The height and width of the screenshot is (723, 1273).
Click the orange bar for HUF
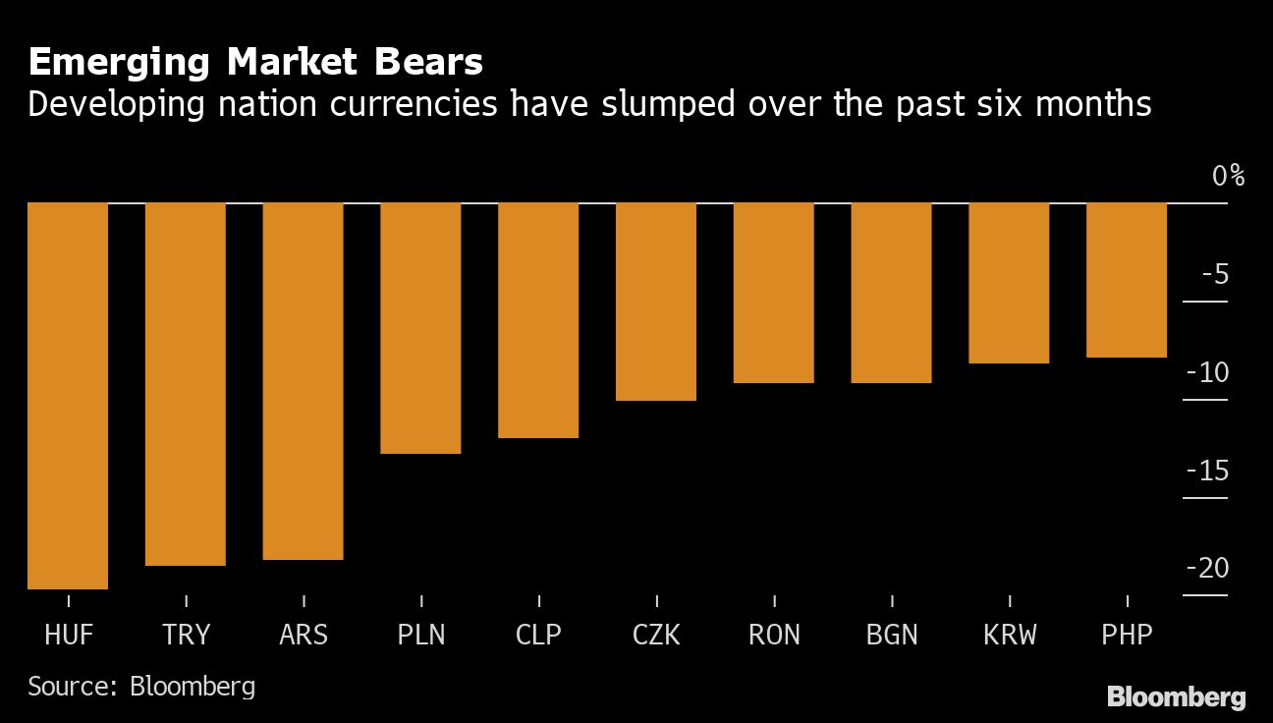click(x=68, y=396)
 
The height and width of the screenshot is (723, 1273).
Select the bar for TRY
click(x=186, y=384)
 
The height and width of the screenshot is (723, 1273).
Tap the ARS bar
click(x=304, y=381)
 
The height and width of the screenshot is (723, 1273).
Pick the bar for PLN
click(x=420, y=328)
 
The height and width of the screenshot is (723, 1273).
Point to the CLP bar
click(x=538, y=320)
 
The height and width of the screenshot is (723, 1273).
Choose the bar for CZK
click(x=656, y=302)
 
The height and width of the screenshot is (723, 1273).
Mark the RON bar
click(x=774, y=293)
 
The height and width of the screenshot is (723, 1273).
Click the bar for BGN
click(x=891, y=293)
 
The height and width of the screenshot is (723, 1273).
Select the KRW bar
click(x=1009, y=283)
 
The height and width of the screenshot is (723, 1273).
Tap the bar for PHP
click(x=1127, y=280)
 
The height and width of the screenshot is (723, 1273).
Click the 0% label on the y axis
click(x=1228, y=177)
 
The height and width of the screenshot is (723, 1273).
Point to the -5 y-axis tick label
click(x=1215, y=274)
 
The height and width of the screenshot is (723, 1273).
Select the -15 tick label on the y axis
click(x=1207, y=472)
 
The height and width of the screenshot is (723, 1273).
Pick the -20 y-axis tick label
click(x=1207, y=569)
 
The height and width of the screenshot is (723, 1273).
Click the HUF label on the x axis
click(x=69, y=635)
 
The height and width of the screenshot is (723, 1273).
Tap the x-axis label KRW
click(x=1010, y=635)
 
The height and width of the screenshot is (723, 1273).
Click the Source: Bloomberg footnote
click(x=141, y=686)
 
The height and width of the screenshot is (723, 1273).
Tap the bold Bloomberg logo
click(x=1177, y=697)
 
